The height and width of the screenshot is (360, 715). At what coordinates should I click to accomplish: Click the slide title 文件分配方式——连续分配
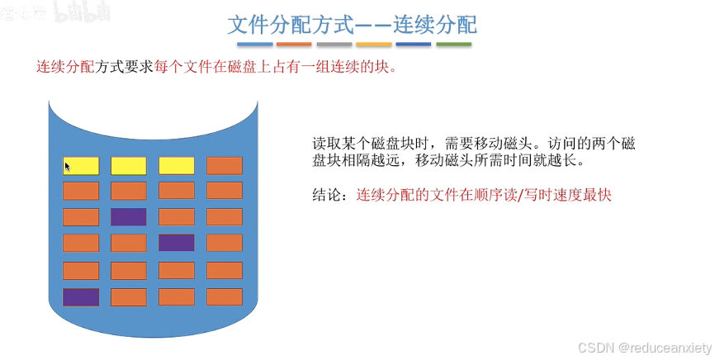pos(353,25)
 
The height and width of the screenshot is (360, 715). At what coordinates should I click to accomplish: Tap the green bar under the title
pos(453,44)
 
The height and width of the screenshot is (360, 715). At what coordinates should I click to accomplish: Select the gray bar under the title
pos(334,44)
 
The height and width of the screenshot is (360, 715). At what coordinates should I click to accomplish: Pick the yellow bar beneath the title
pos(373,44)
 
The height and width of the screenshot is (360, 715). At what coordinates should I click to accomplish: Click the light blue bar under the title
pos(254,44)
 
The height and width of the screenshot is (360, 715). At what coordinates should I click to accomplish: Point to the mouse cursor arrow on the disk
pos(68,167)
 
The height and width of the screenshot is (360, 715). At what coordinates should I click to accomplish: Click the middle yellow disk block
pos(128,165)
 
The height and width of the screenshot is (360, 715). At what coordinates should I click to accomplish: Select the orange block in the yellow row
pos(224,165)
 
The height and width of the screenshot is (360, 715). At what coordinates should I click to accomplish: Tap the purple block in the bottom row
pos(80,296)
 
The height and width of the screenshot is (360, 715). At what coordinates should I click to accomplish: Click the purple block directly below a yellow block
pos(128,217)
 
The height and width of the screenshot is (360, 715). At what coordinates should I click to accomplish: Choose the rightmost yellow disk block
pos(176,165)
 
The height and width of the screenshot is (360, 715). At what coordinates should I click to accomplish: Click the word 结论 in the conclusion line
pos(325,197)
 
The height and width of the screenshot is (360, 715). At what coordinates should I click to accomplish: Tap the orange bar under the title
pos(294,44)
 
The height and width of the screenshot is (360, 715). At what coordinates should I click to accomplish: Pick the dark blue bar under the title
pos(413,44)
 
